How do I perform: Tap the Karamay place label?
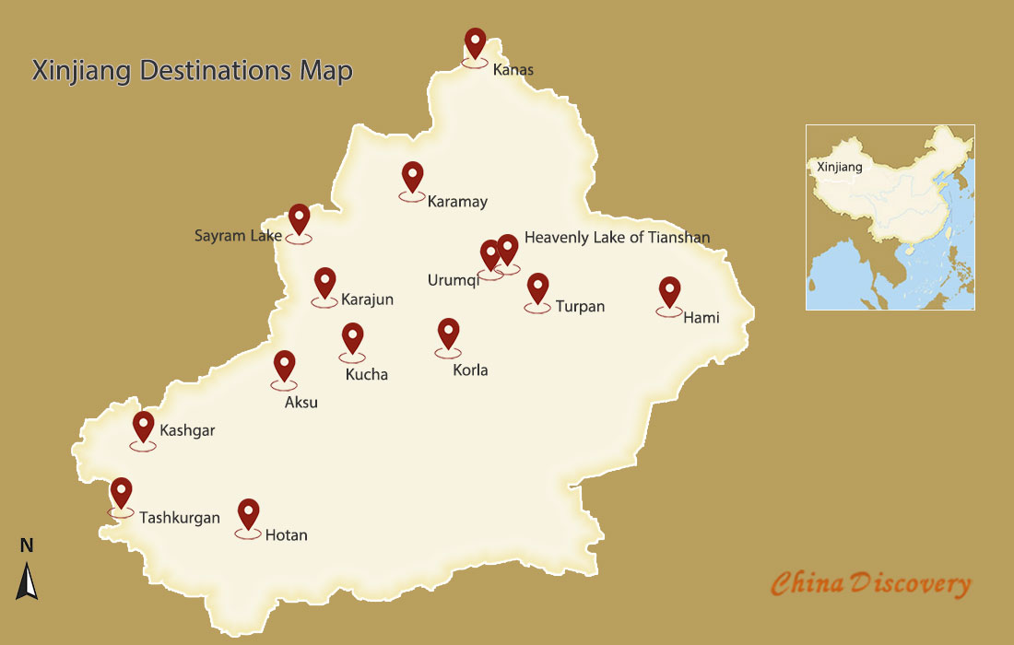[457, 201]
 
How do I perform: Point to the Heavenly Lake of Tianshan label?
[617, 237]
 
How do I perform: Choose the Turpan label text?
[580, 306]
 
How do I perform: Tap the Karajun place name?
[367, 299]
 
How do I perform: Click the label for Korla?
[470, 370]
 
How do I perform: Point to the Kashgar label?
[187, 430]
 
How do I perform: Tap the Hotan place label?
[286, 534]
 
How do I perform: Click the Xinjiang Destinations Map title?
[192, 71]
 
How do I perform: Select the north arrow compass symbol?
[28, 581]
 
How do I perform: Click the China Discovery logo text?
[870, 584]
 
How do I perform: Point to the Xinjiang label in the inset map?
[839, 167]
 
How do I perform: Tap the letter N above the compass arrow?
[27, 545]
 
